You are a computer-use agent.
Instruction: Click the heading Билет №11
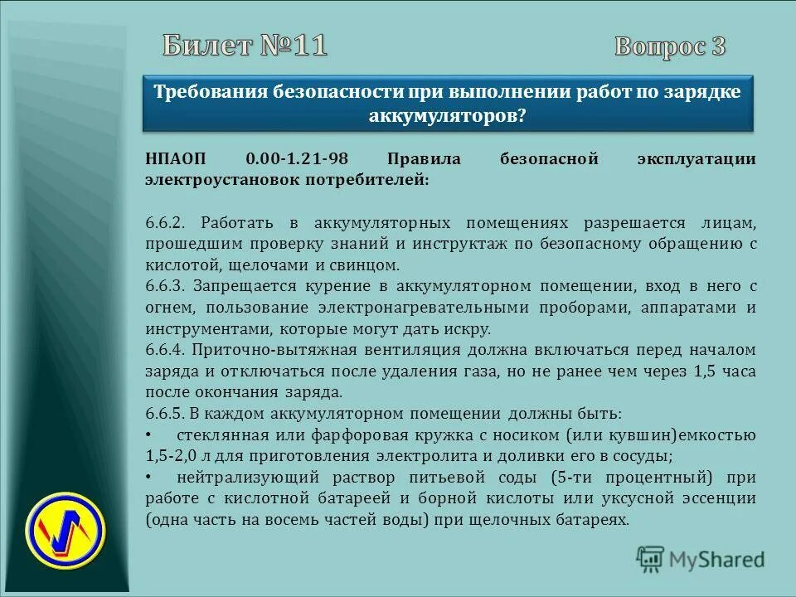(245, 46)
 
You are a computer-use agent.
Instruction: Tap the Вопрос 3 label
(670, 47)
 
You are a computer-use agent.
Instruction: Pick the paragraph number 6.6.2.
(168, 224)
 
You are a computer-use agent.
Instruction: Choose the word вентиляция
(395, 350)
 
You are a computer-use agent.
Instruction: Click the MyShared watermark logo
(701, 559)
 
